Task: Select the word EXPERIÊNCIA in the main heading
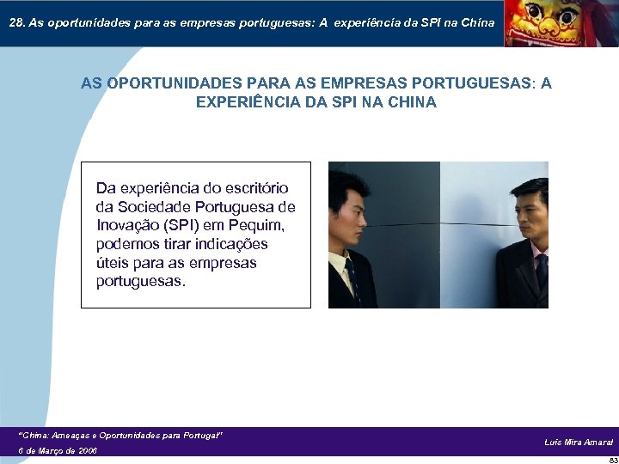coord(245,102)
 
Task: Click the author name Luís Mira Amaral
coord(579,442)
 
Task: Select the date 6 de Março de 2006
coord(58,450)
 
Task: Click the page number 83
coord(612,460)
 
